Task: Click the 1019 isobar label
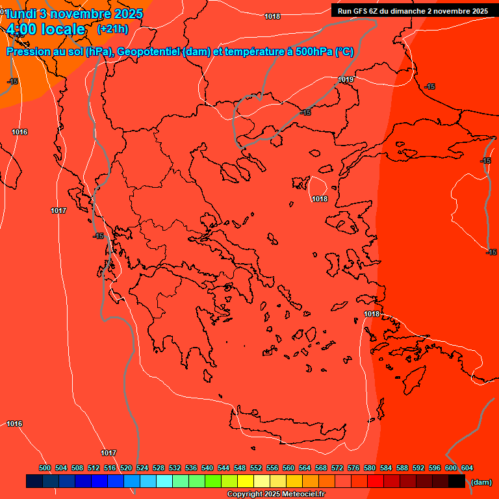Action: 346,79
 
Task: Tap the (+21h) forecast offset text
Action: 112,29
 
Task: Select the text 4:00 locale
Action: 45,29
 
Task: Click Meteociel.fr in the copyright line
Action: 300,494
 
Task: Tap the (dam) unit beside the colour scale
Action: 481,482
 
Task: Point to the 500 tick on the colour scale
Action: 45,468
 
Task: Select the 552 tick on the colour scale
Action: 256,468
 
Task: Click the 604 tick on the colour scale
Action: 467,468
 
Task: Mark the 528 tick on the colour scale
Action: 159,468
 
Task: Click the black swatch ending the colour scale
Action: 457,481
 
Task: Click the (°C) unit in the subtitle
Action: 344,52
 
